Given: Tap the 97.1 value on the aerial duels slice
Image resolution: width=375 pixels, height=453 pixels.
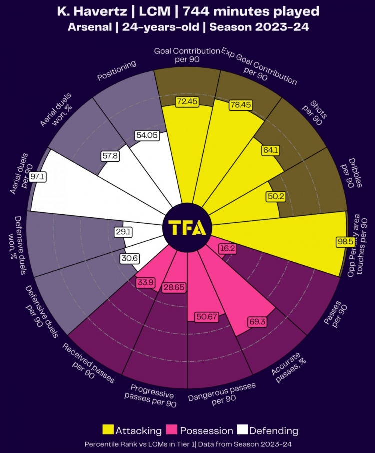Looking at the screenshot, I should point(38,177).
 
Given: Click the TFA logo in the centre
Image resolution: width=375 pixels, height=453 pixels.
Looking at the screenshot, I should point(187,227).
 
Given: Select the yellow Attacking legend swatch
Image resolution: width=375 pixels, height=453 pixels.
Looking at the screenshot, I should point(107,430).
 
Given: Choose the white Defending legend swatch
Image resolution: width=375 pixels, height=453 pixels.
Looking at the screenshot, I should point(242,430).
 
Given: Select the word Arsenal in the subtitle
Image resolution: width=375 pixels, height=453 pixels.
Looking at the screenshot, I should point(88,27).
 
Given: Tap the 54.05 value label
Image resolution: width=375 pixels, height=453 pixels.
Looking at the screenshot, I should point(147,136).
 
